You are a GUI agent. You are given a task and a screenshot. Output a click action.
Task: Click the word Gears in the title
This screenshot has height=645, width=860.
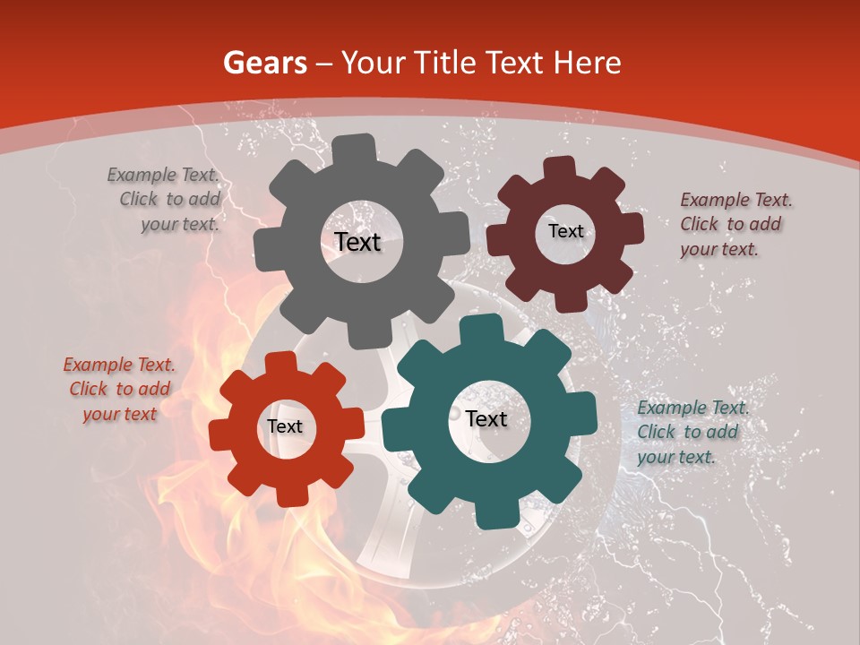264,63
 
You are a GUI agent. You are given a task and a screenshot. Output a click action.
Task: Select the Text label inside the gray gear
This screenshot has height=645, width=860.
357,242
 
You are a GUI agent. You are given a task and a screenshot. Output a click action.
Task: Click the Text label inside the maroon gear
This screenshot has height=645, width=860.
565,231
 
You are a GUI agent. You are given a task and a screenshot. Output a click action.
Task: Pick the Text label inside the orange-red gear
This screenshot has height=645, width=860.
285,427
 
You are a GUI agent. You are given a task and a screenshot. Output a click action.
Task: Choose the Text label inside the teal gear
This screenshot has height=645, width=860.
486,419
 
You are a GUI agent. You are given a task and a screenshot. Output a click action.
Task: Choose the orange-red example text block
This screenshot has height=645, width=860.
119,390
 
